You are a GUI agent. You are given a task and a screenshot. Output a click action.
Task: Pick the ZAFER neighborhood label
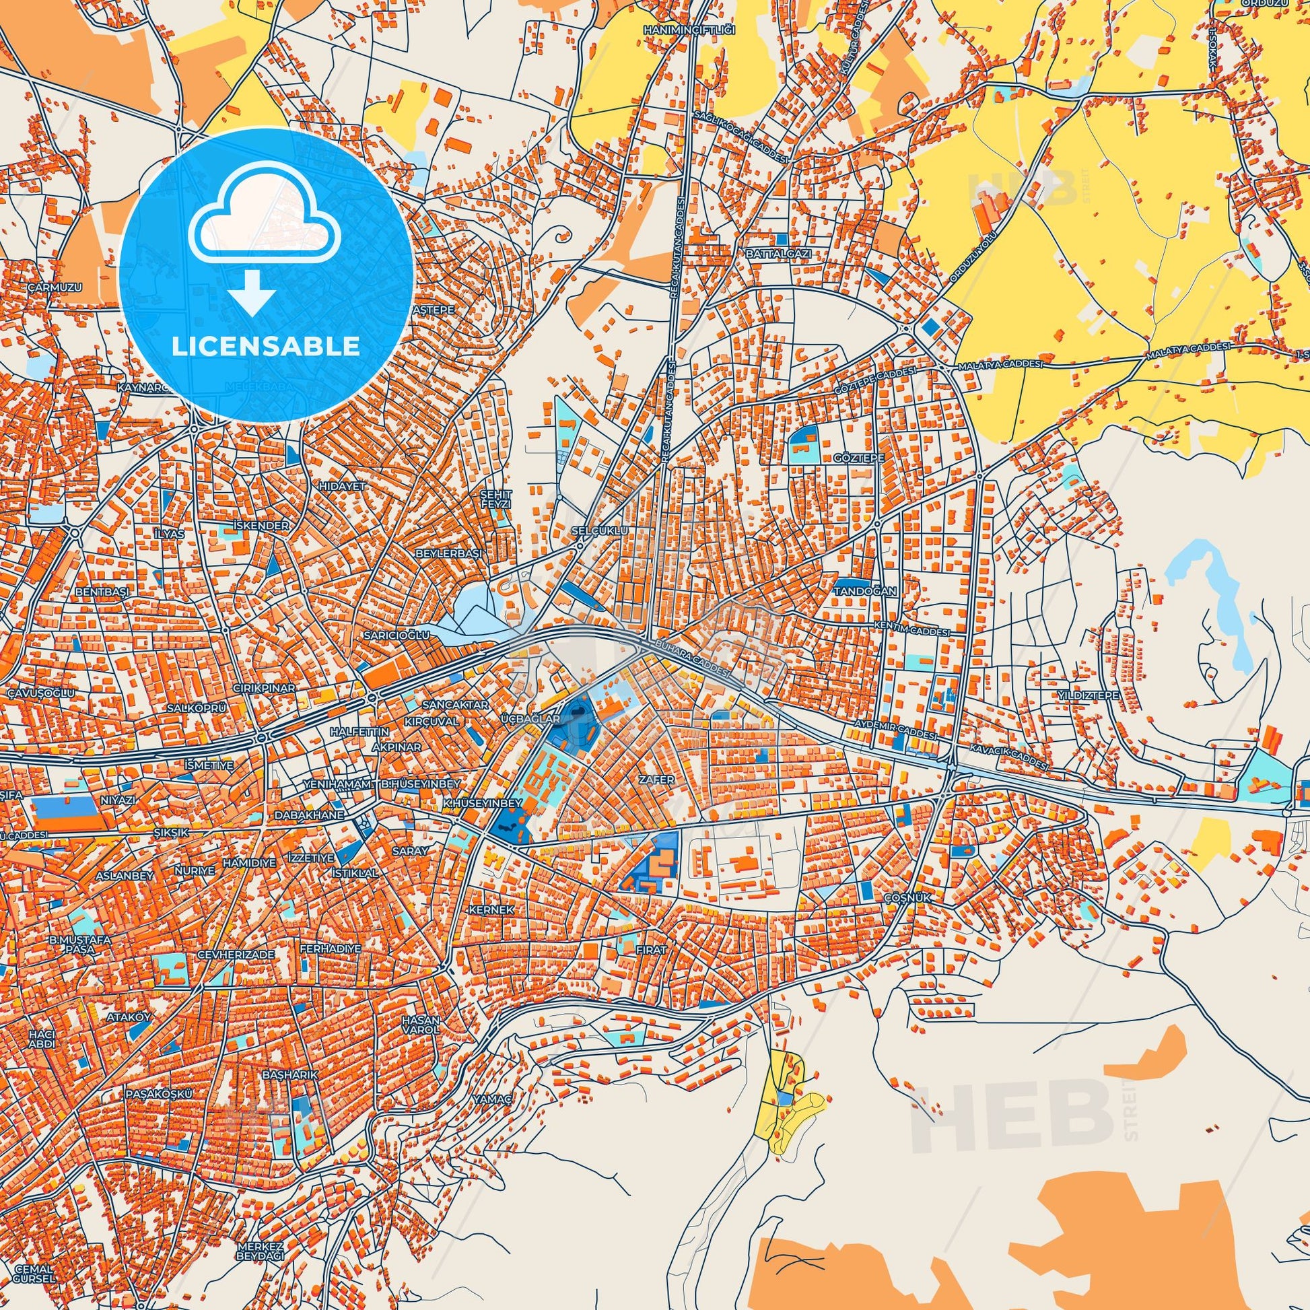[x=656, y=780]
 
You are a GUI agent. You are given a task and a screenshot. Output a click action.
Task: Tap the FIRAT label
[x=651, y=950]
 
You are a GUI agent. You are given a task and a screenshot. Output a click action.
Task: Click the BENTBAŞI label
[x=102, y=592]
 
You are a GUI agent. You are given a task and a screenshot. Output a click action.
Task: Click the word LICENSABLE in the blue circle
[x=266, y=347]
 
